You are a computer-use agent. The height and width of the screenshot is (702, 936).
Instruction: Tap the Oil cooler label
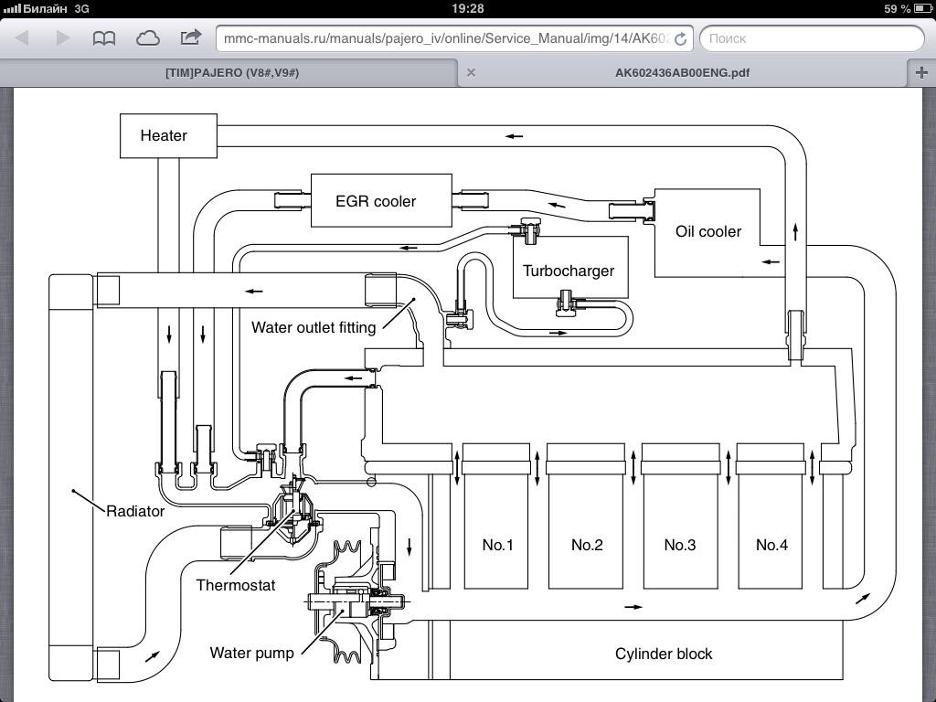[708, 231]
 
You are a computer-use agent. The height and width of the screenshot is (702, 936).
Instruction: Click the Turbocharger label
[569, 271]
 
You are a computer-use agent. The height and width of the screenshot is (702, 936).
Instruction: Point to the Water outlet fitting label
[314, 327]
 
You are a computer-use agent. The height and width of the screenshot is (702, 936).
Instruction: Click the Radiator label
[135, 511]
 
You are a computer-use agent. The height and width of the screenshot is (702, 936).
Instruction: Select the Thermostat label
[235, 585]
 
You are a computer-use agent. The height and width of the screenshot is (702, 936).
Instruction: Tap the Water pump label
[251, 653]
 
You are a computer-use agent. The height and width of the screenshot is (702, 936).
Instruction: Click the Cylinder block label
[663, 654]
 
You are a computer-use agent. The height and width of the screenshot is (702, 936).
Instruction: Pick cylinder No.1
[497, 545]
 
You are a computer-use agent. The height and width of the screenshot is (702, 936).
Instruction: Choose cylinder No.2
[587, 545]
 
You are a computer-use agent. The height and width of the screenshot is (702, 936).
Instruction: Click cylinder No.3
[680, 545]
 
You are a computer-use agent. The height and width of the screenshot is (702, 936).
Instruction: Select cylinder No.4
[771, 545]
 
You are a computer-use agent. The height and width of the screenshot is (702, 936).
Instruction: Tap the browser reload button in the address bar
[680, 38]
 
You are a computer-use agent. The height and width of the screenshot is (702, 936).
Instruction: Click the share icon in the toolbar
[191, 37]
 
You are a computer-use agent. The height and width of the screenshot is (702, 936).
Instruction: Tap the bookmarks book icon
[104, 38]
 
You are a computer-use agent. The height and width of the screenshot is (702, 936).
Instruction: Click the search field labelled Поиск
[812, 38]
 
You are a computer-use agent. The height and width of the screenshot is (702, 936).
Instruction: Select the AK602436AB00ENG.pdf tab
[683, 72]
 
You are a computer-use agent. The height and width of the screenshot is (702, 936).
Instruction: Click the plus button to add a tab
[921, 72]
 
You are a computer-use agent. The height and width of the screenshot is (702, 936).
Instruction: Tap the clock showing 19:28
[468, 8]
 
